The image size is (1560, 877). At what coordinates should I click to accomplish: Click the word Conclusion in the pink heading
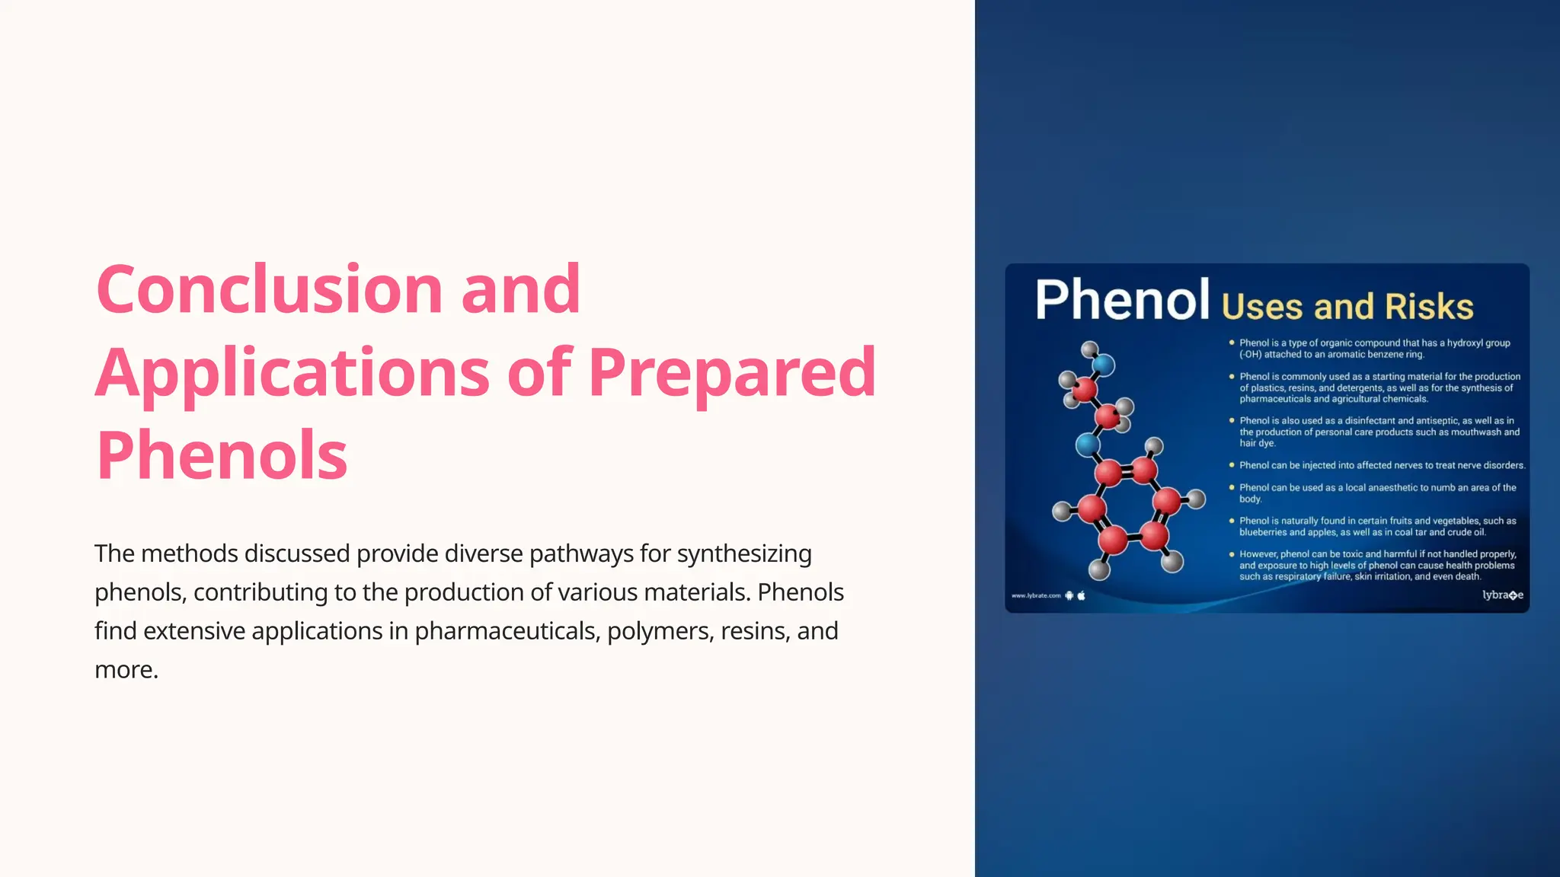coord(269,290)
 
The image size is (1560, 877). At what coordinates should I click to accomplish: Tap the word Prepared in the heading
coord(732,372)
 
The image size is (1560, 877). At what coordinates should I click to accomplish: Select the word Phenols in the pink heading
coord(222,455)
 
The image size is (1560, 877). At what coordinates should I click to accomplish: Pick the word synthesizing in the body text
coord(744,553)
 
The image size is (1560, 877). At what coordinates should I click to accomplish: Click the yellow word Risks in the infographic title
coord(1429,307)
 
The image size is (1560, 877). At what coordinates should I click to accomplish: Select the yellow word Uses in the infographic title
coord(1262,307)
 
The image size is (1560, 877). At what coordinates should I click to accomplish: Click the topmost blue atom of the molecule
coord(1103,366)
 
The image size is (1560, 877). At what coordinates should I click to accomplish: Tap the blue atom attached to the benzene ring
coord(1088,445)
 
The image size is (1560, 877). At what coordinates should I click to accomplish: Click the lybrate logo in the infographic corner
coord(1502,595)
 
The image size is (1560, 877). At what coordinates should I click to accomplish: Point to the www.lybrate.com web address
coord(1036,596)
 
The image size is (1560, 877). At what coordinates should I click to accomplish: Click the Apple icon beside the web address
coord(1081,596)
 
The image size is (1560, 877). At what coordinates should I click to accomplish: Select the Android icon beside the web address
coord(1069,596)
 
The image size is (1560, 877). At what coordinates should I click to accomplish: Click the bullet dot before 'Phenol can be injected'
coord(1232,465)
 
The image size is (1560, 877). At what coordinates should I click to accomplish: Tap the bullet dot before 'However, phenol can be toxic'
coord(1232,554)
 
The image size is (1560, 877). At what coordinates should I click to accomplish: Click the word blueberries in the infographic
coord(1264,532)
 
